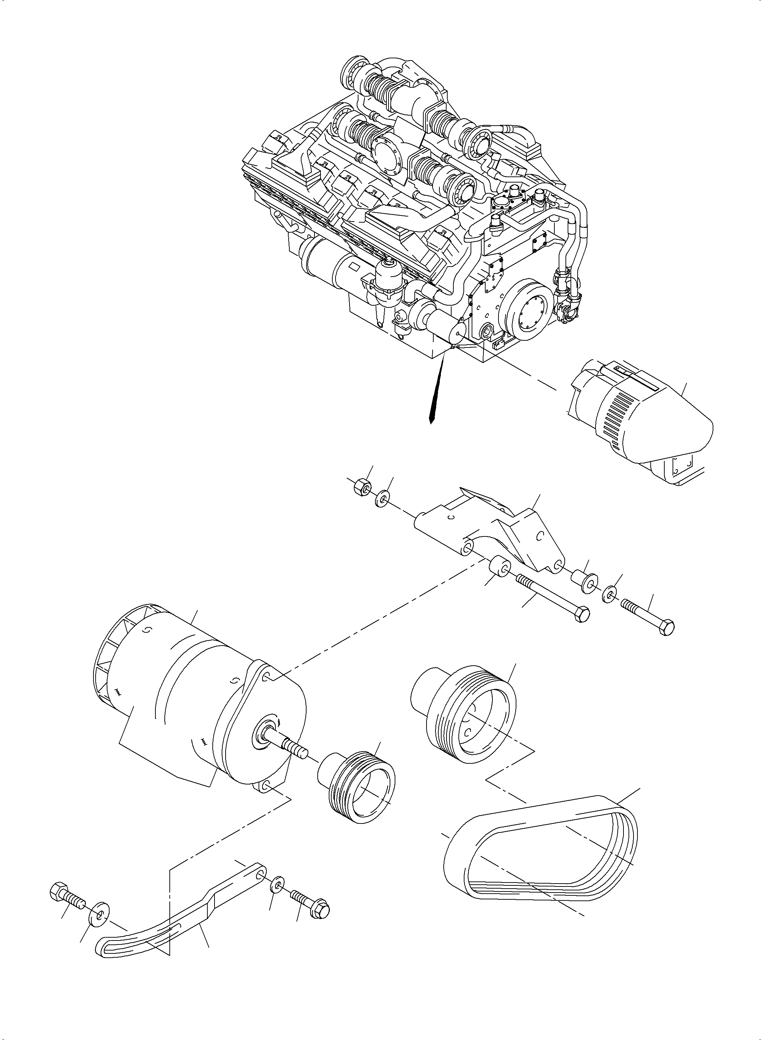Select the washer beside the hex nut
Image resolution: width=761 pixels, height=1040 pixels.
[x=382, y=499]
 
